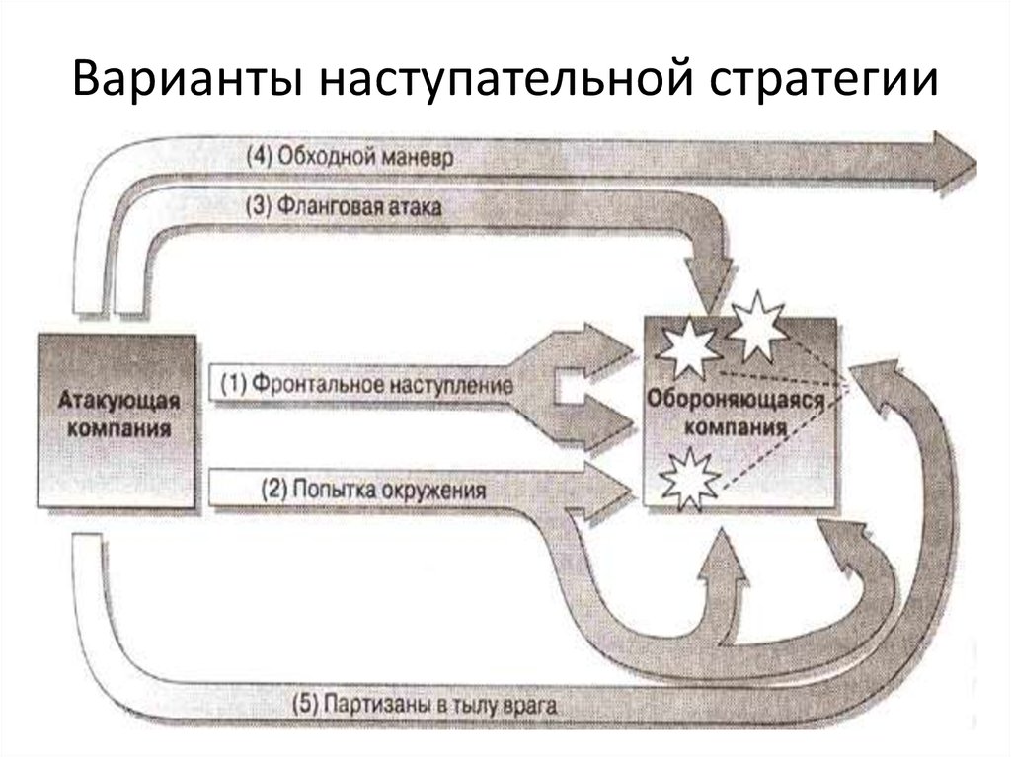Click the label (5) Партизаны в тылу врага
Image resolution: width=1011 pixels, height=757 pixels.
point(425,705)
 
